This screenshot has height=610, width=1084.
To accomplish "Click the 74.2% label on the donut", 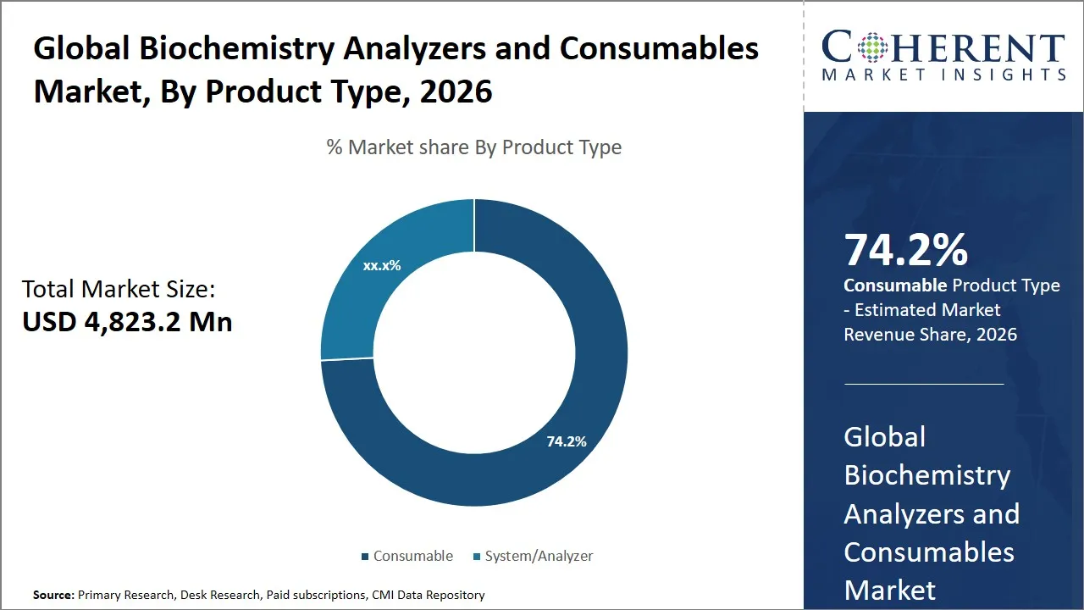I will point(567,441).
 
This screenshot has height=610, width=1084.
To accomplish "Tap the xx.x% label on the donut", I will point(382,265).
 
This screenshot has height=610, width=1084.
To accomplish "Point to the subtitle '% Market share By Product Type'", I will point(474,147).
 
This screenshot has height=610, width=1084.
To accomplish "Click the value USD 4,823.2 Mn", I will point(127,322).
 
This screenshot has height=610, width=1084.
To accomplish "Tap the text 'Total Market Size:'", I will point(119,290).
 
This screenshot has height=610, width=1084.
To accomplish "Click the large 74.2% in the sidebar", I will point(905,251).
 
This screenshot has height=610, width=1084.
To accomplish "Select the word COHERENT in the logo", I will point(943,48).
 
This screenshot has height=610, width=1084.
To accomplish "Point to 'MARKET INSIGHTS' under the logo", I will point(943,75).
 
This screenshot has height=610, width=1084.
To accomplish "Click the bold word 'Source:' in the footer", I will point(53,596).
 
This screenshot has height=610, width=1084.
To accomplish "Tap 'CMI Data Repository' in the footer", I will point(429,596).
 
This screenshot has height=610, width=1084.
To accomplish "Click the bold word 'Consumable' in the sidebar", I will point(895,286).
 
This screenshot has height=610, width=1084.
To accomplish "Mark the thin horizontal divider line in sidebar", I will point(923,384).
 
